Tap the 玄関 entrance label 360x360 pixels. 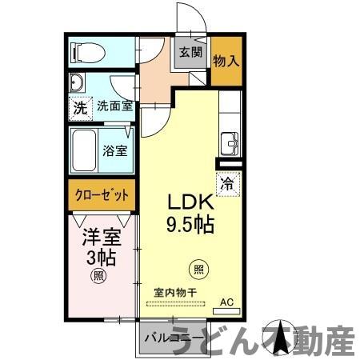[x=190, y=54]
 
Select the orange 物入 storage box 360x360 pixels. [x=226, y=60]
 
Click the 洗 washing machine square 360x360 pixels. [x=80, y=106]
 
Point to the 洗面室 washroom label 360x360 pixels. [x=115, y=106]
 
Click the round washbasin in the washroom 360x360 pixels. [x=78, y=84]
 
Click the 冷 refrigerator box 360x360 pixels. [x=227, y=182]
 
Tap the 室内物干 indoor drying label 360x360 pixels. [x=174, y=293]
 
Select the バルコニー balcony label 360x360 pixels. [x=173, y=337]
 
